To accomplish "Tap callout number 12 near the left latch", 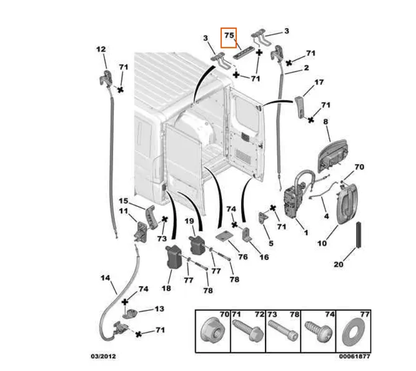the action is [101, 49].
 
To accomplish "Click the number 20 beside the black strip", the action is [338, 264].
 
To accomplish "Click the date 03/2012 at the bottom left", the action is [103, 356].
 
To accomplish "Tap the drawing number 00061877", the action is [354, 356].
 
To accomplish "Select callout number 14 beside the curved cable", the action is [105, 278].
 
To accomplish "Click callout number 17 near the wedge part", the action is [319, 82].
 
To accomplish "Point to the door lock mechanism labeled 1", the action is [294, 199].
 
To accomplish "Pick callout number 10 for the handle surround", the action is [322, 243].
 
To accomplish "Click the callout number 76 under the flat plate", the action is [243, 257].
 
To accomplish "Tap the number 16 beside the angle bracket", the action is [264, 257].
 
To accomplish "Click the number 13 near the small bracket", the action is [159, 309].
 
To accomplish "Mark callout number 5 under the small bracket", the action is [271, 243].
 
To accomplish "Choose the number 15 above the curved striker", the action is [123, 201].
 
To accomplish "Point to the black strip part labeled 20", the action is [359, 235].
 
